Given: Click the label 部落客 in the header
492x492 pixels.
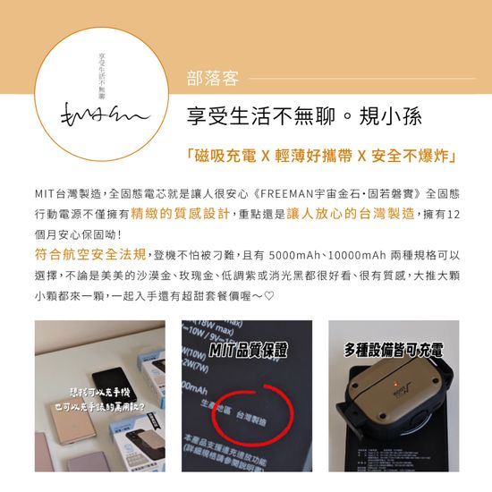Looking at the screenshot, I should pyautogui.click(x=212, y=79).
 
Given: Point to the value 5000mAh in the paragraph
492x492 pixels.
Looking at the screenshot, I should pyautogui.click(x=292, y=253).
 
